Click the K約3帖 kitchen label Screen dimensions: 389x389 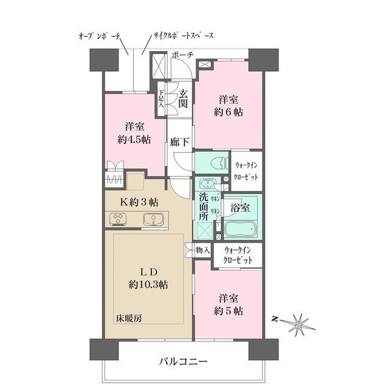pyautogui.click(x=140, y=202)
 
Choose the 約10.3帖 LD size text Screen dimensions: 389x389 pyautogui.click(x=148, y=284)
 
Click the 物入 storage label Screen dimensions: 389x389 pyautogui.click(x=202, y=250)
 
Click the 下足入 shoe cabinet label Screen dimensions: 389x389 pyautogui.click(x=160, y=98)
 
